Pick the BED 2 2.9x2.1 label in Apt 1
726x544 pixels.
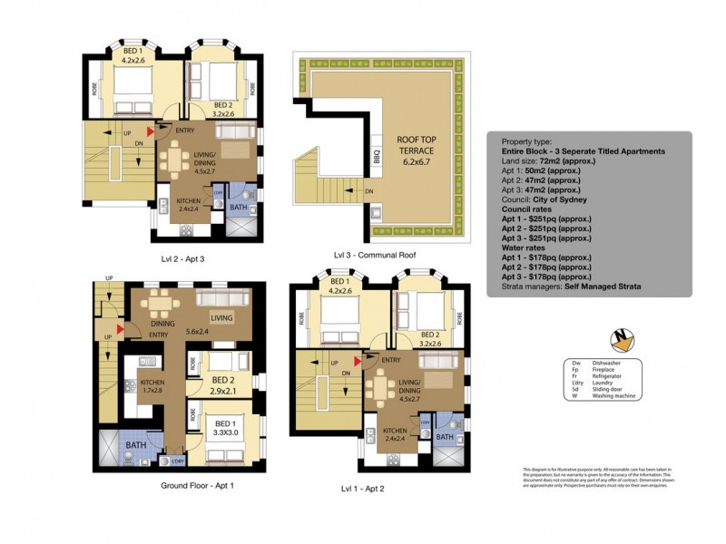(221, 386)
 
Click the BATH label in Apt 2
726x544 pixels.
(445, 437)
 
